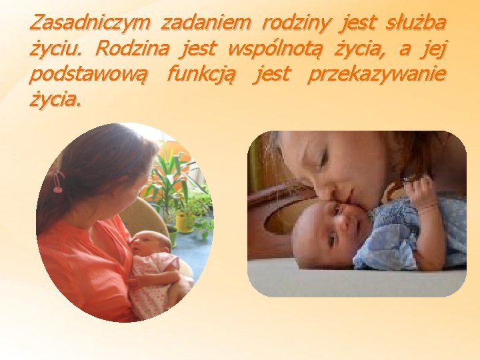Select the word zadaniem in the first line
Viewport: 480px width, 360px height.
205,23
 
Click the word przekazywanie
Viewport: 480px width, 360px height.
377,75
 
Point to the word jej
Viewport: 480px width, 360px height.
435,49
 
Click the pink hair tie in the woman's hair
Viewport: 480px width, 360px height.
58,181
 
